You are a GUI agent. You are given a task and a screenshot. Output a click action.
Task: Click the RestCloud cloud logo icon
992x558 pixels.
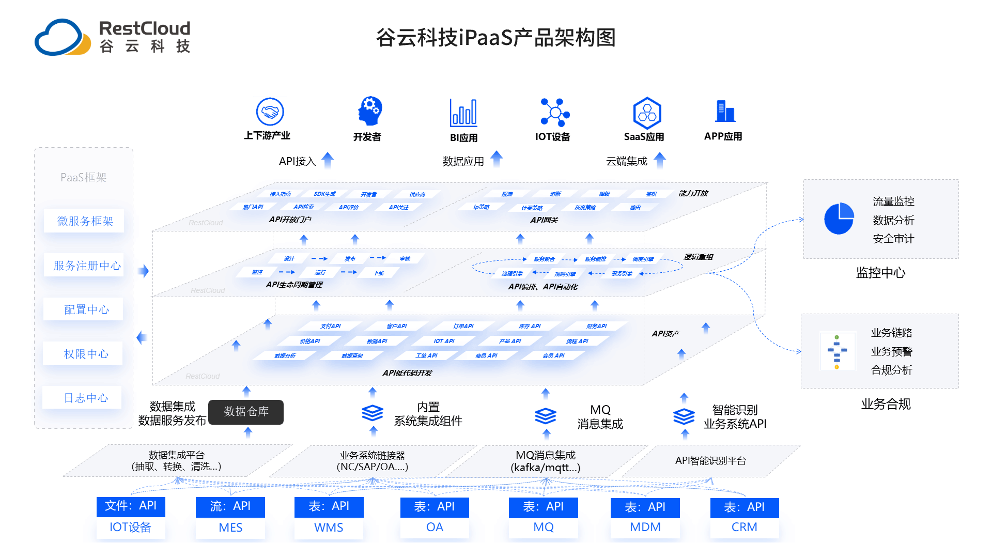[x=62, y=37]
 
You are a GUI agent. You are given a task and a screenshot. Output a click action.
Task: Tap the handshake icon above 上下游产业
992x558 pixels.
[x=270, y=112]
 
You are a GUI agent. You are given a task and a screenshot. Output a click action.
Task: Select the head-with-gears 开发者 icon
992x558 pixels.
[x=369, y=111]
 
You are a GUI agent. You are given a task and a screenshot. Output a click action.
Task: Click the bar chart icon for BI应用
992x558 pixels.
[x=463, y=113]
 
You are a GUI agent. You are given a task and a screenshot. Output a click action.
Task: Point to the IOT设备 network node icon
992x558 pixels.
[x=554, y=112]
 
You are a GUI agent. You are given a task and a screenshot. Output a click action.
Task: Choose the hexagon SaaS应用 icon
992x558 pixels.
[x=647, y=113]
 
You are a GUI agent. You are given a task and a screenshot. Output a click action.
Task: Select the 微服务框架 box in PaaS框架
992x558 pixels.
[x=85, y=221]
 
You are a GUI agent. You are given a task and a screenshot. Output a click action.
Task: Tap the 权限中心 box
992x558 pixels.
[x=86, y=354]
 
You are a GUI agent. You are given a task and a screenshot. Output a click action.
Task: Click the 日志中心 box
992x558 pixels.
[x=86, y=398]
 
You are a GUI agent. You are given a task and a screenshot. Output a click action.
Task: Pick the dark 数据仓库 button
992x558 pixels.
[x=246, y=412]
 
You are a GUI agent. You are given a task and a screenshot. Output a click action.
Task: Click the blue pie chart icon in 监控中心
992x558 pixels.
[x=839, y=219]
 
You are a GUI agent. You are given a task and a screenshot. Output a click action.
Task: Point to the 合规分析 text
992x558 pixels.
[x=891, y=370]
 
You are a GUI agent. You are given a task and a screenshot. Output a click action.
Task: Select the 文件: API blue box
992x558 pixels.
[x=131, y=506]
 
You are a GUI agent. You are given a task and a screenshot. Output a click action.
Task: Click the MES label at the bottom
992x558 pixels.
[x=230, y=528]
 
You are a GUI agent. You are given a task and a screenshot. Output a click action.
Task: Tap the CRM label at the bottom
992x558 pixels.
[x=744, y=528]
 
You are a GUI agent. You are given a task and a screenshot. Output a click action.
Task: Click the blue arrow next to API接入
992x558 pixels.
[x=328, y=160]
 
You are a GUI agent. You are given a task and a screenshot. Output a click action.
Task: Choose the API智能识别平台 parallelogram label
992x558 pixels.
[x=710, y=461]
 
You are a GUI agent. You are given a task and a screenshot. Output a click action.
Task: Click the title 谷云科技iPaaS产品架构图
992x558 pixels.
[x=495, y=38]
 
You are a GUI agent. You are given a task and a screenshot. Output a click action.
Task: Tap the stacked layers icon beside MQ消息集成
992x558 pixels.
[x=545, y=415]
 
